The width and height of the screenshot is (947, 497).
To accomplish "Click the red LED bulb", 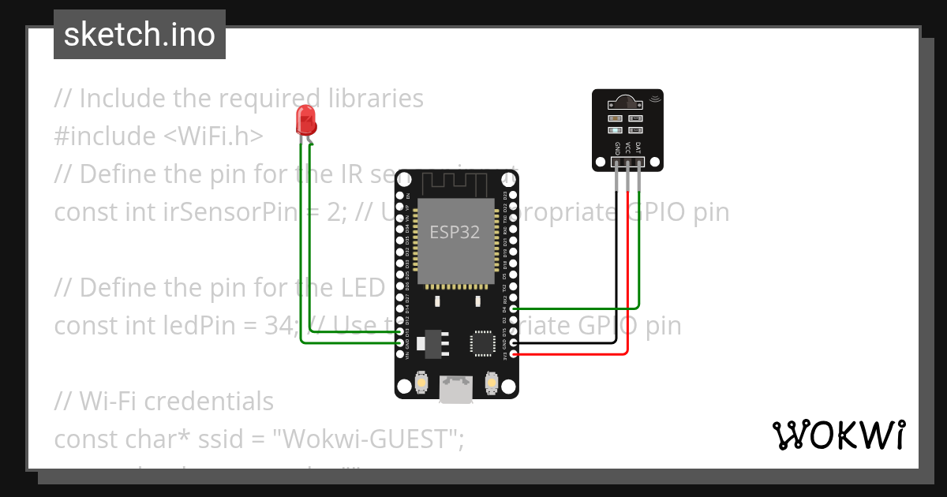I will [x=306, y=121].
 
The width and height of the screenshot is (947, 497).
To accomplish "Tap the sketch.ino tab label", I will [x=140, y=35].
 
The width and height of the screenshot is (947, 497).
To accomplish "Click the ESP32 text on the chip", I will [x=454, y=232].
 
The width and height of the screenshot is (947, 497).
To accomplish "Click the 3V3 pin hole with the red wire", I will [x=514, y=354].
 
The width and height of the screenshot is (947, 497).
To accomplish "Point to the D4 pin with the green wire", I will [x=514, y=309].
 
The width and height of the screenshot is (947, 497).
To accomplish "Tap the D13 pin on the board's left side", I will [x=399, y=332].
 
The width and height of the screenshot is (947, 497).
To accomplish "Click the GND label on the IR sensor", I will [x=617, y=148].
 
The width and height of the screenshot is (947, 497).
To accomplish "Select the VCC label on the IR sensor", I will [x=628, y=148].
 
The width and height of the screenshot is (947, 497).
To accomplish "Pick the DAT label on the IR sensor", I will [x=638, y=148].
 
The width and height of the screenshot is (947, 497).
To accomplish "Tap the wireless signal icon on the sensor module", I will [x=654, y=99].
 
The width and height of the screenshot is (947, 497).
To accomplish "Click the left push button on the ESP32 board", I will [x=423, y=383].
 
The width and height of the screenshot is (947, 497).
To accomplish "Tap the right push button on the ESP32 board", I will [x=490, y=383].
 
